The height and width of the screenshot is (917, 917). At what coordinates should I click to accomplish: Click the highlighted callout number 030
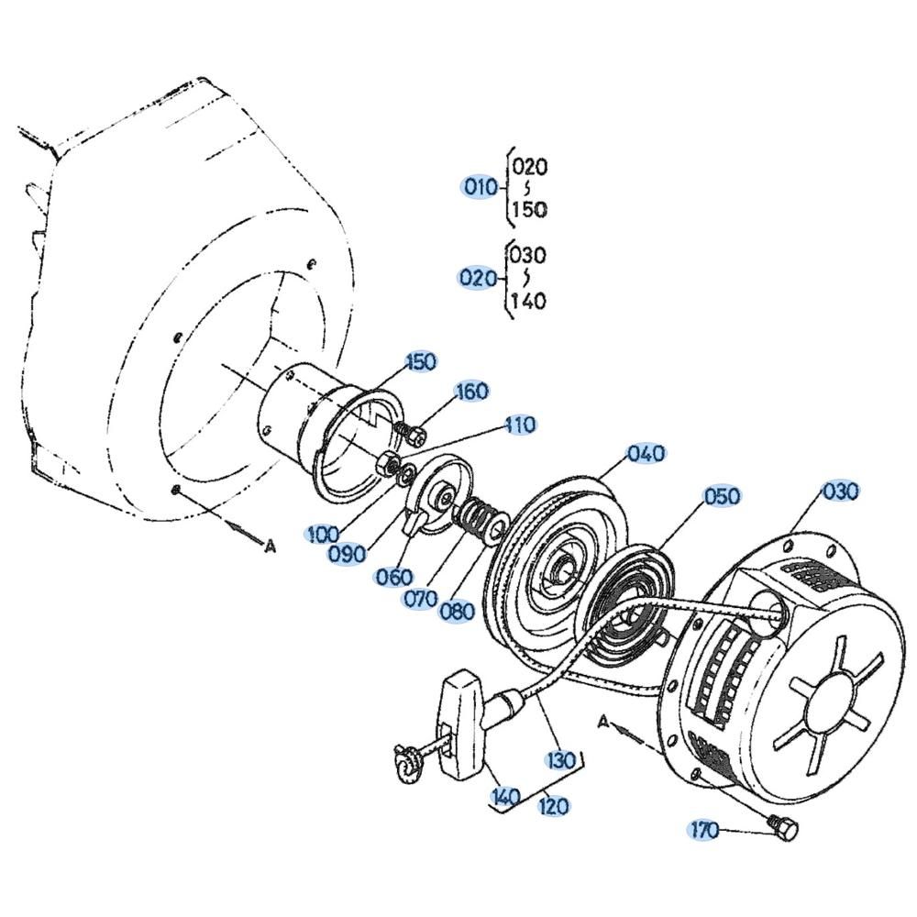[x=840, y=491]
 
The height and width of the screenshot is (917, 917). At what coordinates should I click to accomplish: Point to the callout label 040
[x=646, y=453]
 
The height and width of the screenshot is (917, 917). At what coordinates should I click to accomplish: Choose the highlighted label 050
[x=722, y=496]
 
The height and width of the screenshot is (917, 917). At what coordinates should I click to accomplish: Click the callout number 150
[x=421, y=361]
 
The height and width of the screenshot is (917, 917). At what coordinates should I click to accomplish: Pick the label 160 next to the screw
[x=472, y=391]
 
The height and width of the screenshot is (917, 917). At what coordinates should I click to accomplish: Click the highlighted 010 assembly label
[x=481, y=187]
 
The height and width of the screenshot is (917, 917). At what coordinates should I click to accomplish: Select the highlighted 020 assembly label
[x=477, y=278]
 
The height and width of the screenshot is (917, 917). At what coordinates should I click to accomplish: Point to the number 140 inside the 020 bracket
[x=528, y=301]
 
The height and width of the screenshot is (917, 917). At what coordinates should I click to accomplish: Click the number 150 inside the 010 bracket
[x=530, y=208]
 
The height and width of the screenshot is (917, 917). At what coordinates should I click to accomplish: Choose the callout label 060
[x=394, y=577]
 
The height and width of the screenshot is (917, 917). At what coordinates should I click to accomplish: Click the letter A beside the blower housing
[x=270, y=547]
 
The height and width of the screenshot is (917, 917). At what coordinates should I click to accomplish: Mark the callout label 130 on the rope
[x=561, y=760]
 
